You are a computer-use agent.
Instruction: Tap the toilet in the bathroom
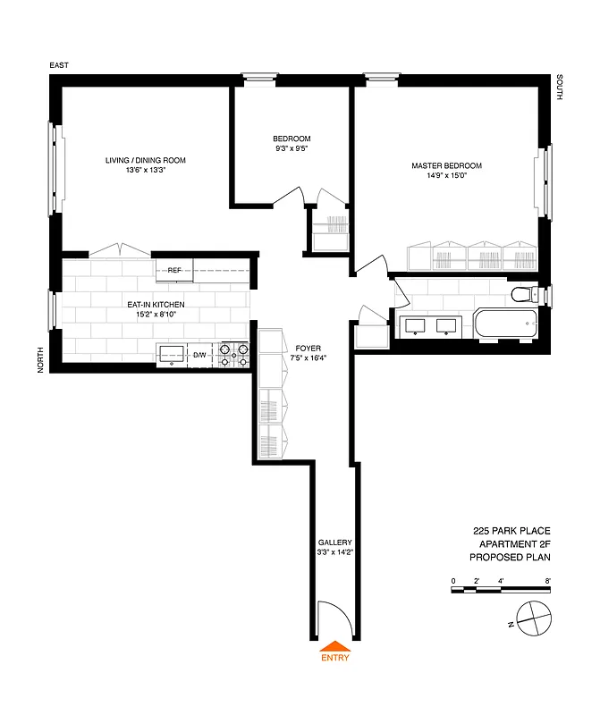click(x=521, y=295)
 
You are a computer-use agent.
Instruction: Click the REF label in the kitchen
click(x=174, y=269)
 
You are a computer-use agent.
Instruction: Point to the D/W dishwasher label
click(x=199, y=356)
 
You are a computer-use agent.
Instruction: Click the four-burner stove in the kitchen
click(x=234, y=355)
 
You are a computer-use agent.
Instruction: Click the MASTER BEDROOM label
click(x=446, y=165)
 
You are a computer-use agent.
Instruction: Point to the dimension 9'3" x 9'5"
click(x=292, y=149)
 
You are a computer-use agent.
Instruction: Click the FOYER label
click(x=308, y=348)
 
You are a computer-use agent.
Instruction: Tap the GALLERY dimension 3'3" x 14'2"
click(x=335, y=553)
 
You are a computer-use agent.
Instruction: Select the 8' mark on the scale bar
click(x=547, y=581)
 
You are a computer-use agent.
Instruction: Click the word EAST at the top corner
click(x=59, y=65)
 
